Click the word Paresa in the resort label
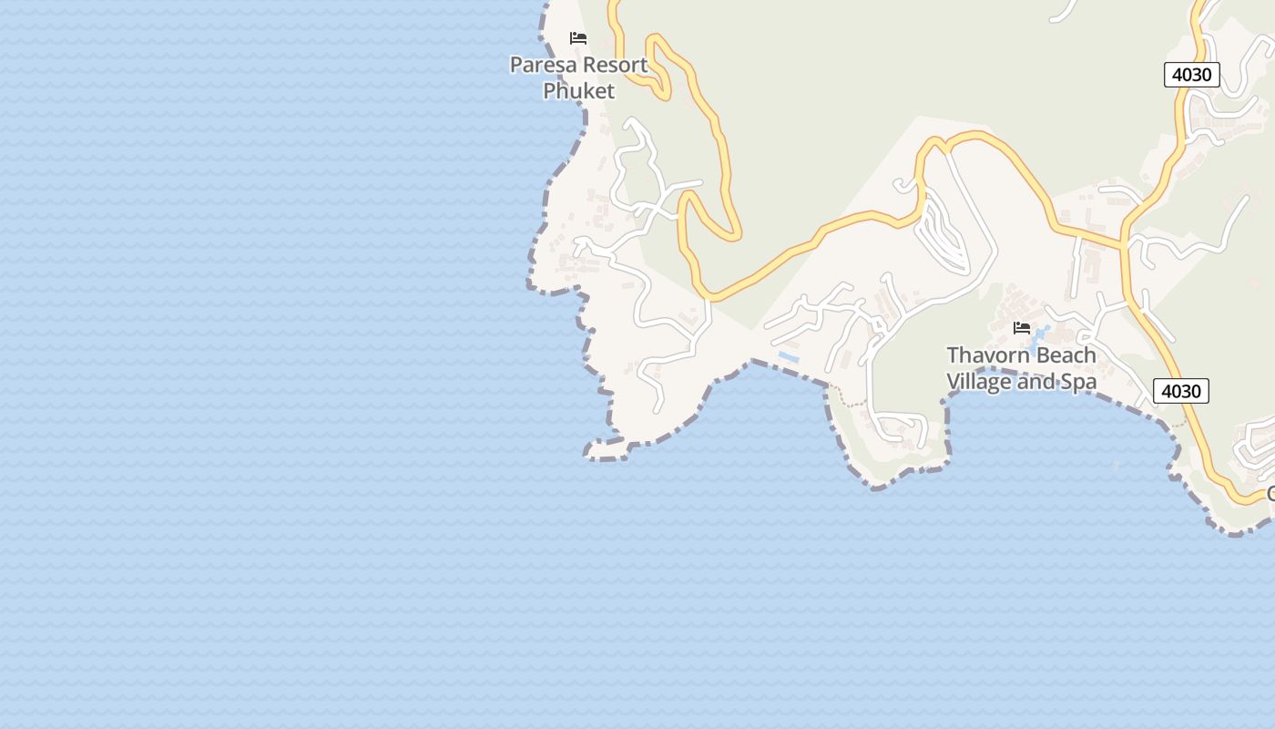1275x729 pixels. (x=542, y=65)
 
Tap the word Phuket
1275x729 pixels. (x=578, y=90)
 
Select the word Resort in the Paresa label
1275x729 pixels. (x=615, y=65)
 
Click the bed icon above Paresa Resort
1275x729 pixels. (x=577, y=38)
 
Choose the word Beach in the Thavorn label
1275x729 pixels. (x=1065, y=354)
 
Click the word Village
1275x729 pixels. (x=979, y=381)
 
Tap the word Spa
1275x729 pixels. (x=1077, y=382)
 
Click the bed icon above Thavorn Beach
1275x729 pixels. (x=1022, y=328)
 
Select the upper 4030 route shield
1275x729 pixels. (x=1191, y=75)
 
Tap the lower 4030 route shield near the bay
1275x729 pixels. (x=1180, y=391)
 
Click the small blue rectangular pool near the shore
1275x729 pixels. (x=788, y=357)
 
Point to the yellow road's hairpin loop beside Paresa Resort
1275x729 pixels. (x=658, y=64)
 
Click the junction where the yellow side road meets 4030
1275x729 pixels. (x=1124, y=244)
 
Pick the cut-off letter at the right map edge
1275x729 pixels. (x=1270, y=494)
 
